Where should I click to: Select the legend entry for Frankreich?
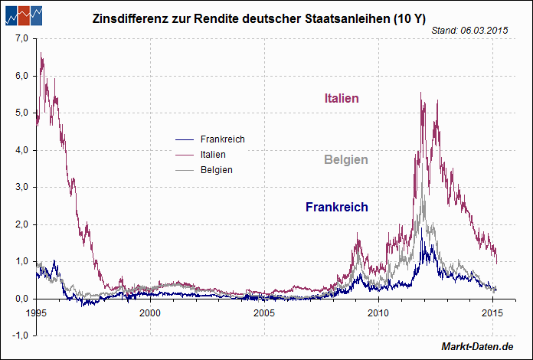(x=222, y=139)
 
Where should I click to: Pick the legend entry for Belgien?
(x=216, y=169)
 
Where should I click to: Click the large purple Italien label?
(x=342, y=98)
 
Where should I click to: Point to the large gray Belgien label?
(x=345, y=160)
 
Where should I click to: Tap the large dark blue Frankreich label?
(x=337, y=207)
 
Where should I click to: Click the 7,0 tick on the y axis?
(x=21, y=38)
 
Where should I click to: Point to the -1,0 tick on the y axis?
(x=21, y=335)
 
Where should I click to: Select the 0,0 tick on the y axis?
(x=21, y=299)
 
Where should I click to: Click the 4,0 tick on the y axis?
(x=21, y=150)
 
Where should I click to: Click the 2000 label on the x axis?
(x=150, y=313)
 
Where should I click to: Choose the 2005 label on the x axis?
(x=264, y=313)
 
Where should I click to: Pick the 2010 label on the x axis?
(x=378, y=313)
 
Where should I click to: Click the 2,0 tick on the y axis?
(x=21, y=224)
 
